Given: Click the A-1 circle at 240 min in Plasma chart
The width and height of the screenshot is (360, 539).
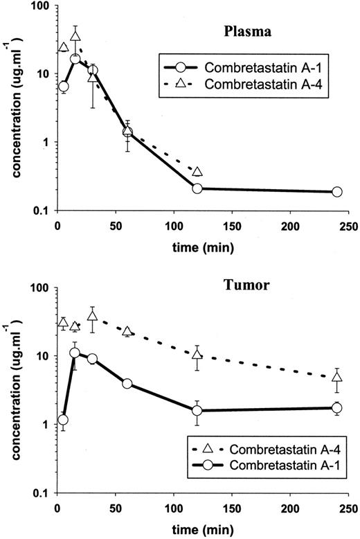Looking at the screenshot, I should (337, 192).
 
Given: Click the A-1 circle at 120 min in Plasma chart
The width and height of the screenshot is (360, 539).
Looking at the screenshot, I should (197, 188).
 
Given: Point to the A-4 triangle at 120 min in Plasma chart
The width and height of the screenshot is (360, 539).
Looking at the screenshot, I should (197, 172).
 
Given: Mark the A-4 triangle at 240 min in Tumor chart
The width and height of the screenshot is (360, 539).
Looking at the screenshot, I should (337, 378).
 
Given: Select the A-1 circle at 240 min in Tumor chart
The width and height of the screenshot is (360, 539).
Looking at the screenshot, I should (337, 408).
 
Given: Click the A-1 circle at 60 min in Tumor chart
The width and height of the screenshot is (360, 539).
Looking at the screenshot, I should (127, 383).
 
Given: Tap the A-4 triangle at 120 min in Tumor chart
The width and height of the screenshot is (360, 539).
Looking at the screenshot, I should (197, 355).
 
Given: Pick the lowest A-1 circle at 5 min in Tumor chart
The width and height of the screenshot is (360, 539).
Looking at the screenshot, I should (63, 420).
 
